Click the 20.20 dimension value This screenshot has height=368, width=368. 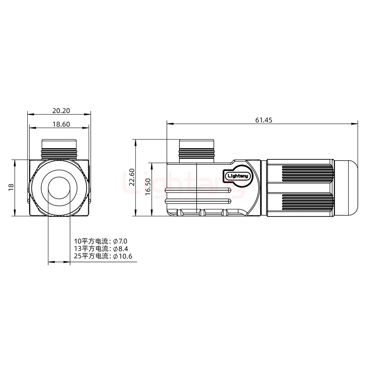(61, 111)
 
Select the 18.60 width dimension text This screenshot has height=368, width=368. (61, 124)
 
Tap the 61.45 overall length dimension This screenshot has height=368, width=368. (264, 120)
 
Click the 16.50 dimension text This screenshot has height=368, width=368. (148, 187)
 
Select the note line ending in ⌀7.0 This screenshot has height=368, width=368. (100, 241)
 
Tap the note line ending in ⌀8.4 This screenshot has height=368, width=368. (100, 248)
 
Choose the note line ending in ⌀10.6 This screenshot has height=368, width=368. (103, 256)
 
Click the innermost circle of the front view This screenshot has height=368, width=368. (59, 188)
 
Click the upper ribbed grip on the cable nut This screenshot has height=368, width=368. (308, 173)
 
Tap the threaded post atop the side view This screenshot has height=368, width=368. (197, 151)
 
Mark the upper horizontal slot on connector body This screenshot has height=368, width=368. (198, 190)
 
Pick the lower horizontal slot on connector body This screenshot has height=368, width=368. (198, 201)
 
